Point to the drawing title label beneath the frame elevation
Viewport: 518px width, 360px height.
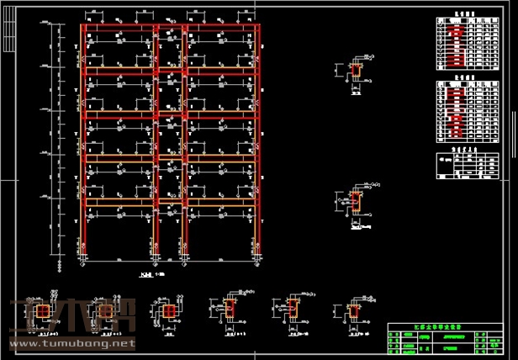(x=149, y=274)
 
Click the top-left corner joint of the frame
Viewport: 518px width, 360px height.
(x=83, y=27)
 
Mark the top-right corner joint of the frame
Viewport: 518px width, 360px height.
(x=254, y=27)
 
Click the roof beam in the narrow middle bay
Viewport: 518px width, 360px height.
(x=170, y=27)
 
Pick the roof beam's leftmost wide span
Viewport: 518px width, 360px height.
(x=119, y=27)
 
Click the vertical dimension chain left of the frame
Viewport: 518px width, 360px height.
(x=59, y=143)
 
